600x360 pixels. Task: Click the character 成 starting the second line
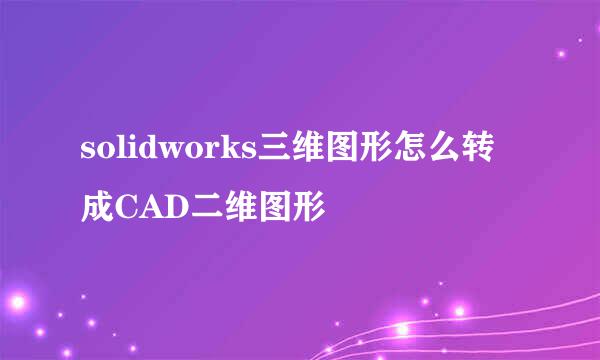[x=98, y=207]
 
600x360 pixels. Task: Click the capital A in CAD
[x=154, y=208]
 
